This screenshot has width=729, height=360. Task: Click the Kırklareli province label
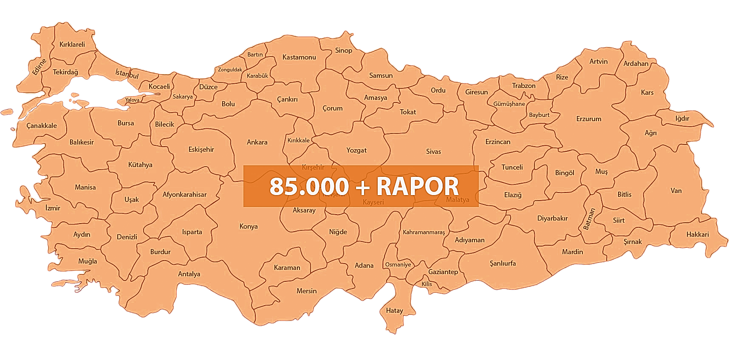72,44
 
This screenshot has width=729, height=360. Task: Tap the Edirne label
39,67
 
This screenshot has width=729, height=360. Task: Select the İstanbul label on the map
127,74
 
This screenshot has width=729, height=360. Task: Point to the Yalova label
132,100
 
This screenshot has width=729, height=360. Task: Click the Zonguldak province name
230,70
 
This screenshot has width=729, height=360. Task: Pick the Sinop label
344,50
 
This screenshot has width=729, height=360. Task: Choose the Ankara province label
257,142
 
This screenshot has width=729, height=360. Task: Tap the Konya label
249,226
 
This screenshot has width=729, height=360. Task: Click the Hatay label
394,310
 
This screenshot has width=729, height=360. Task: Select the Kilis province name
427,284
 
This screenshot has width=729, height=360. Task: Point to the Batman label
589,218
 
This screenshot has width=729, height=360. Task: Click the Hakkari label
698,234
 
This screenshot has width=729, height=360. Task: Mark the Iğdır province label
682,118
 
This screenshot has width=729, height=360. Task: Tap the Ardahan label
636,63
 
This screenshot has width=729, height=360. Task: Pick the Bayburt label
539,115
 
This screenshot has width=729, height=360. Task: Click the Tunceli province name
512,167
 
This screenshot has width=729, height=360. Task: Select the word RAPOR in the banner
418,186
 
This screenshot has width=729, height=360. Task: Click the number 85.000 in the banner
309,186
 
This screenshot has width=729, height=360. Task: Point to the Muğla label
88,261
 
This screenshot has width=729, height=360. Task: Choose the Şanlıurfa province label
503,263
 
